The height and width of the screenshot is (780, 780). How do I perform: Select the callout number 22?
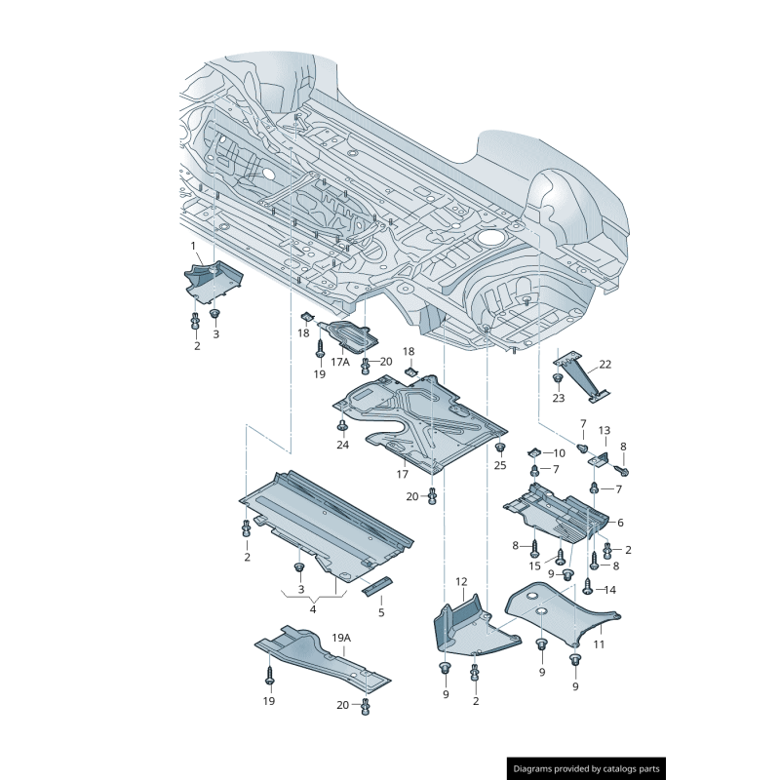[x=605, y=365]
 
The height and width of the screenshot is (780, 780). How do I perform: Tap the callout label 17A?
[x=339, y=361]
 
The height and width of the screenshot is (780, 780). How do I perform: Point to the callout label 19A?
[x=340, y=638]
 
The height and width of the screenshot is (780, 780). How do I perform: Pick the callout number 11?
[x=620, y=523]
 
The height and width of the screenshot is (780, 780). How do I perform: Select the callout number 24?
[x=342, y=445]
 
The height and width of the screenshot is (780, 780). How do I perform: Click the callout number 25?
[x=500, y=465]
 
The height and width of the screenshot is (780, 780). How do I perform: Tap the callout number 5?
[x=381, y=612]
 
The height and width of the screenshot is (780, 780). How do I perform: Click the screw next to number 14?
[x=588, y=586]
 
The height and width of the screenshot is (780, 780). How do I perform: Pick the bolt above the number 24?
[x=342, y=426]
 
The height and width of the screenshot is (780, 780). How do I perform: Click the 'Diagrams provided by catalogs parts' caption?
[x=587, y=768]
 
